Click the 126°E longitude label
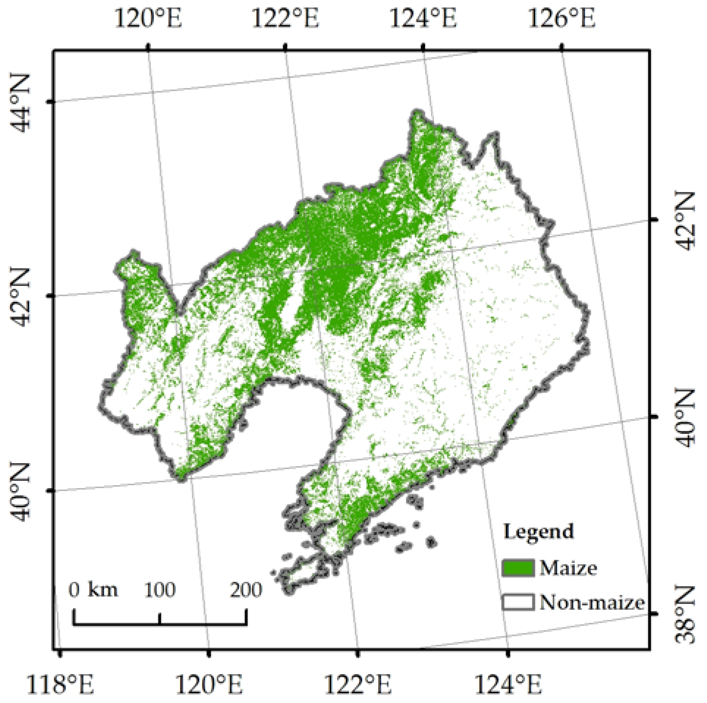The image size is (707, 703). [561, 18]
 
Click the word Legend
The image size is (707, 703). [538, 532]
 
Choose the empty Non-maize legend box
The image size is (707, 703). [518, 603]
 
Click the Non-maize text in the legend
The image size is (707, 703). [592, 603]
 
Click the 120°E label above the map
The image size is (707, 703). [148, 18]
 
